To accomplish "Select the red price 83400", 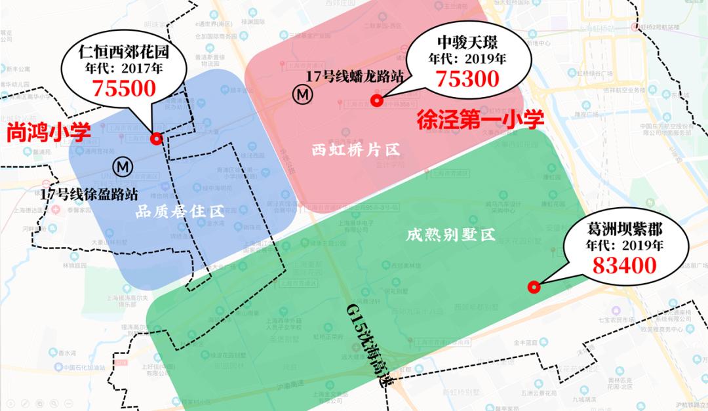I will click(624, 265).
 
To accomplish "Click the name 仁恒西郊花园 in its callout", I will click(123, 50).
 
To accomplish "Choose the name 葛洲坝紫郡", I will click(625, 230).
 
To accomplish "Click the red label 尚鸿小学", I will click(49, 134).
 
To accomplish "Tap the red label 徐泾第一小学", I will click(481, 119).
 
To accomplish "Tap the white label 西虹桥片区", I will click(355, 150).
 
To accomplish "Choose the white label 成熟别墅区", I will click(450, 233).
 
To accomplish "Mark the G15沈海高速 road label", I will click(372, 351).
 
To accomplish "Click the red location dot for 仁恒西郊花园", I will click(156, 138).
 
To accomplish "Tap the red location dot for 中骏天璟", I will click(376, 100).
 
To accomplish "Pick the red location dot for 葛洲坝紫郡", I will click(534, 286).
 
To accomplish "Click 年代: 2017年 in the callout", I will click(123, 68).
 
